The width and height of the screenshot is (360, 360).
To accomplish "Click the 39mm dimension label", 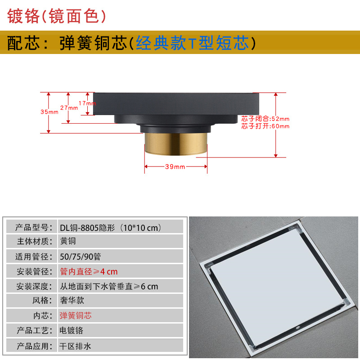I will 175,166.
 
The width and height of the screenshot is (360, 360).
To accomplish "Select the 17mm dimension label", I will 87,103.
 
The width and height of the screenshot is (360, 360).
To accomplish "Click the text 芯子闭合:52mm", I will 265,119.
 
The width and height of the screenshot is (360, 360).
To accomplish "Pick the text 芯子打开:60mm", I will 265,126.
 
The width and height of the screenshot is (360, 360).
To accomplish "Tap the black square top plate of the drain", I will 177,104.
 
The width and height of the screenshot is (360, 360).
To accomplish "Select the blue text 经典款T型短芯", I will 192,44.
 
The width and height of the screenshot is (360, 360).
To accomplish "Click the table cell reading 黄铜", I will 68,241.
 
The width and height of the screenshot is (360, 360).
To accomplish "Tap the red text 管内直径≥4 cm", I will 89,271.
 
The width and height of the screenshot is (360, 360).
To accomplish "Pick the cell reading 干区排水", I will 76,345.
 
